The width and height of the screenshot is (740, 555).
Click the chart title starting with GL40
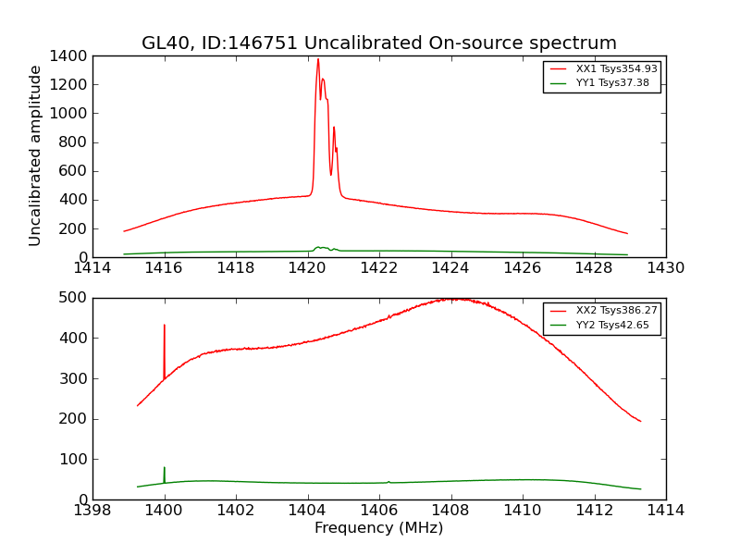pos(378,43)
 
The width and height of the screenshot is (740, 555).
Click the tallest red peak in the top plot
pos(318,60)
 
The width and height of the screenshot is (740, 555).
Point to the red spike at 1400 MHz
pos(165,327)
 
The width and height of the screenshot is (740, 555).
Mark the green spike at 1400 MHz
pos(165,469)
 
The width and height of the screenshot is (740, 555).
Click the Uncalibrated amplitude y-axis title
pos(36,155)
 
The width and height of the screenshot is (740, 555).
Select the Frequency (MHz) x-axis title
pos(378,528)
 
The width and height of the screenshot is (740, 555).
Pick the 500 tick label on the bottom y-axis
pos(74,298)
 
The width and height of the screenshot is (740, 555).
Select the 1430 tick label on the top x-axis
pos(665,268)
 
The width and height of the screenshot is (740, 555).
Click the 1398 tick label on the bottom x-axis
pos(92,510)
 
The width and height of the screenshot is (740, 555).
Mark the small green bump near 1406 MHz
pos(388,481)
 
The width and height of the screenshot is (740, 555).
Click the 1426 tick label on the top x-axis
pos(522,268)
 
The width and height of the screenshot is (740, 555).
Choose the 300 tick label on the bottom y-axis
pos(74,378)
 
